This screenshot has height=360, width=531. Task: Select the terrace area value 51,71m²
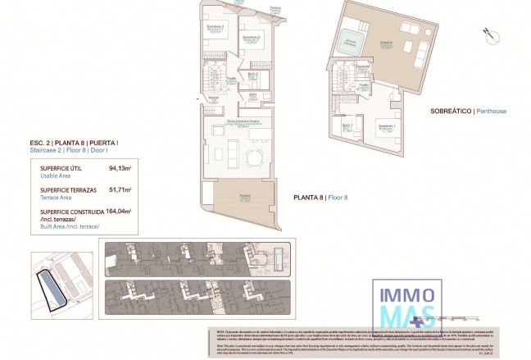coord(120,190)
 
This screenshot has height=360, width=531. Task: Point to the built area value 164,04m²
coord(119,211)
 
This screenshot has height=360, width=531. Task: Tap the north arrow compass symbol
coord(488,34)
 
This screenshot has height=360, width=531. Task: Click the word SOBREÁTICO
coord(450,111)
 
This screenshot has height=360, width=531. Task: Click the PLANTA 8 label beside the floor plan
coord(308,198)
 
